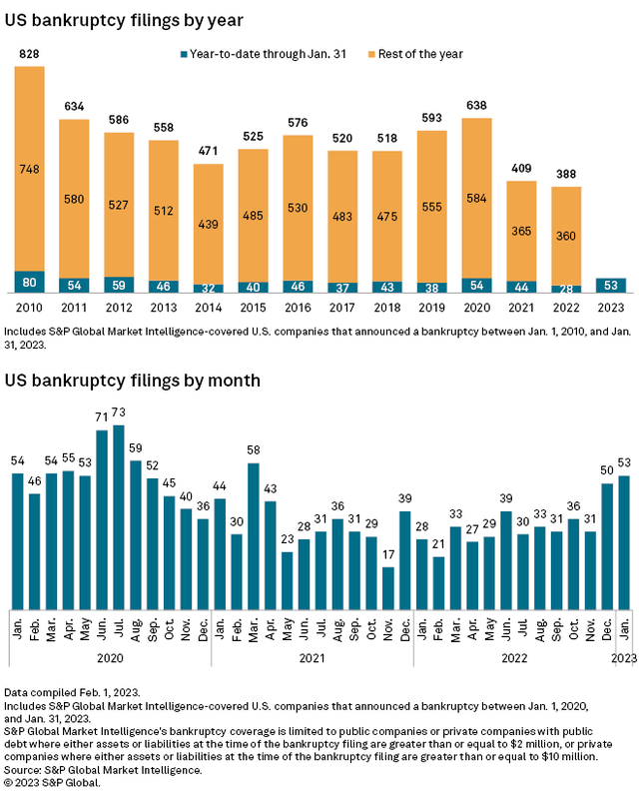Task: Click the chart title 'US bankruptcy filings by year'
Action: pyautogui.click(x=125, y=19)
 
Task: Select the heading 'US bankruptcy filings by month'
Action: pyautogui.click(x=133, y=381)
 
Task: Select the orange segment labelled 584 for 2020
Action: pyautogui.click(x=477, y=198)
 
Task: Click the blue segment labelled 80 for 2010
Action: pyautogui.click(x=29, y=283)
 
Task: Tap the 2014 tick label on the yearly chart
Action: pyautogui.click(x=208, y=309)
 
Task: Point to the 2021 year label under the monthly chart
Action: pyautogui.click(x=313, y=660)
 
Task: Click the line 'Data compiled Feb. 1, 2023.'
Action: pyautogui.click(x=72, y=693)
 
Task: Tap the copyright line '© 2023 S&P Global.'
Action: pyautogui.click(x=62, y=783)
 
